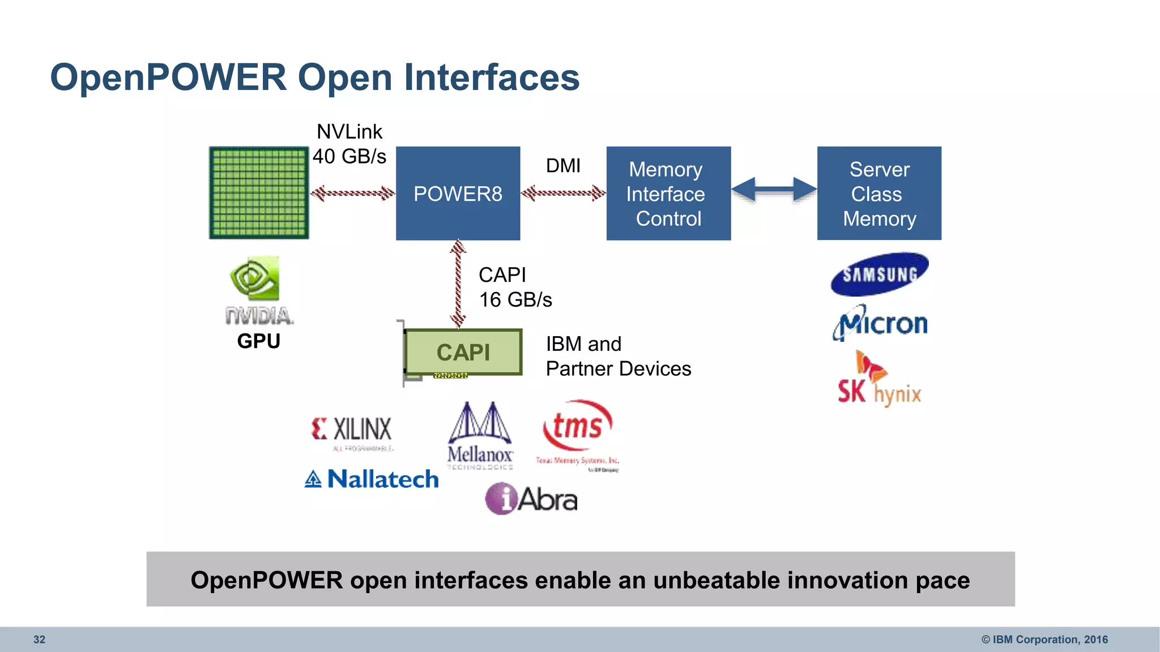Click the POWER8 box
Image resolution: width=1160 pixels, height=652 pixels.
458,194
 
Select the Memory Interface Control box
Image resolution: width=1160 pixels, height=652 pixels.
668,194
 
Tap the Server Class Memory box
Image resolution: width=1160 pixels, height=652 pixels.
879,194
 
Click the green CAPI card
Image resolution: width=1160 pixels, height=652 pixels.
463,352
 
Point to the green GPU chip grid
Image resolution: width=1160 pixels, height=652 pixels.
259,192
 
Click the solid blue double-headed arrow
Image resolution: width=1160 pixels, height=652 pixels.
774,189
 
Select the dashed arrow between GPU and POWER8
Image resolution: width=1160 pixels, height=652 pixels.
352,194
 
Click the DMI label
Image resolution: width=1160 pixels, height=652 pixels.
563,166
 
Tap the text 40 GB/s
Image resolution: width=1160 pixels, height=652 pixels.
349,156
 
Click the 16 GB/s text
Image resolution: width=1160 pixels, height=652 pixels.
515,300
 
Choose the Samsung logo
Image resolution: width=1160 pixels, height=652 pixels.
879,274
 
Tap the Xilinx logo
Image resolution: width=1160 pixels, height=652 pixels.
352,431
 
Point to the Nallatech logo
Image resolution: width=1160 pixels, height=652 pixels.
372,479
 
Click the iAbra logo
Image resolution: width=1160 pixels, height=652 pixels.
531,499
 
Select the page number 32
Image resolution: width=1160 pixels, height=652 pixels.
39,640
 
